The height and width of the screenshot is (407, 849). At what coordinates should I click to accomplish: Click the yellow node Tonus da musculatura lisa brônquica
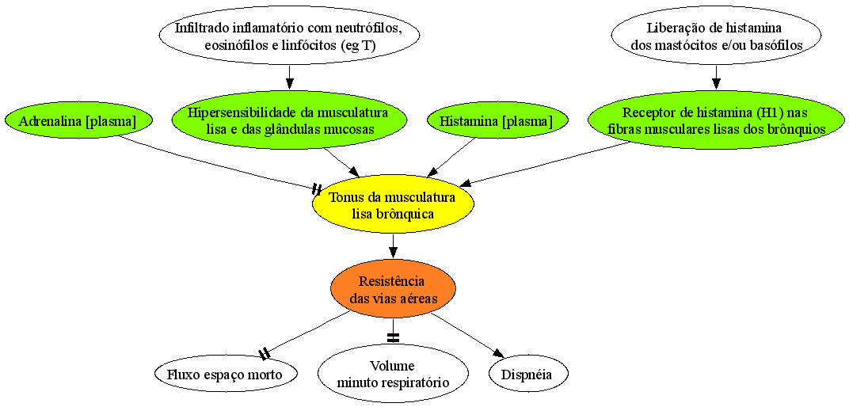coord(393,206)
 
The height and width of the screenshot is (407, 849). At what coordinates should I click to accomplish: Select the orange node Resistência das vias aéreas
coord(393,290)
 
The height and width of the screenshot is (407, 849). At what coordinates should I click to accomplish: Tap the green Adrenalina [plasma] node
coord(77,122)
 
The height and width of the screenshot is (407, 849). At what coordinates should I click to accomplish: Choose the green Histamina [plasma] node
coord(497,122)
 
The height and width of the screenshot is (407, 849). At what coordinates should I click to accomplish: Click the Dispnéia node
coord(528,375)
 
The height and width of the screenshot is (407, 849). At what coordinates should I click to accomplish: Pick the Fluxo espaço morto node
coord(226,375)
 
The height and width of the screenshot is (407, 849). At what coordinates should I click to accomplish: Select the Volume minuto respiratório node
coord(393,375)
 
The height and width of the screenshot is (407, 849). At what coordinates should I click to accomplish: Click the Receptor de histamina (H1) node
coord(716,122)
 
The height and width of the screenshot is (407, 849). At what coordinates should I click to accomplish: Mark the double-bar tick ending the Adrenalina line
coord(317,189)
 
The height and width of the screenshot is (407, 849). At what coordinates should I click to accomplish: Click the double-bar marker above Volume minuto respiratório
coord(393,338)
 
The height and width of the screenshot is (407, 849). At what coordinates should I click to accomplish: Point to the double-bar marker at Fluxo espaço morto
coord(264,354)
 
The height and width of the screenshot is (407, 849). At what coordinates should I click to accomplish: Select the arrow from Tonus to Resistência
coord(393,248)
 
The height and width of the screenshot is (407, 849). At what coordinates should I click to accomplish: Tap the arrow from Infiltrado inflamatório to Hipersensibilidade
coord(290,78)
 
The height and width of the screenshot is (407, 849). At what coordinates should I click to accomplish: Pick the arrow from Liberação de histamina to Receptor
coord(716,78)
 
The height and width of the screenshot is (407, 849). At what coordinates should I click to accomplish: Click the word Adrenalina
coord(48,122)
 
